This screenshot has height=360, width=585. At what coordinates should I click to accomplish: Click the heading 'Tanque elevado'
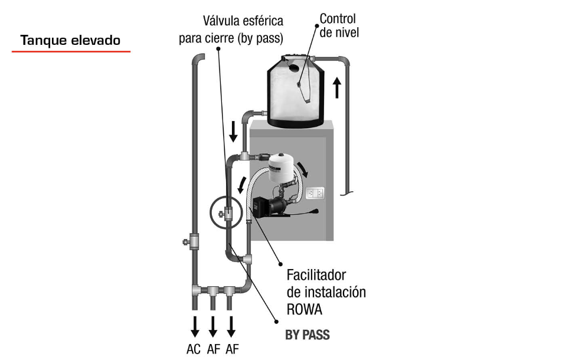click(x=70, y=41)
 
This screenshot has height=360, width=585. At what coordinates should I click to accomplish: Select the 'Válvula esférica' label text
click(x=243, y=21)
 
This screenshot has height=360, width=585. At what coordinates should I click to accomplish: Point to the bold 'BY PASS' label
click(x=307, y=335)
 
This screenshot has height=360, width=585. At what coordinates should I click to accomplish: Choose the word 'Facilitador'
click(x=316, y=275)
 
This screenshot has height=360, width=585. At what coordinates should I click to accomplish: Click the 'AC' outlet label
click(x=194, y=349)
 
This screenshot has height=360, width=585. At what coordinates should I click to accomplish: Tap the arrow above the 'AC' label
click(x=195, y=325)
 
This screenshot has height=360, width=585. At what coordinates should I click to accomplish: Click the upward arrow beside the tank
click(x=337, y=87)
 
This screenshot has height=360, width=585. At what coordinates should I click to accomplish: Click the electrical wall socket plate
click(x=315, y=193)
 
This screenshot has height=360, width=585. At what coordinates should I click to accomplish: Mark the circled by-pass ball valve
click(x=226, y=212)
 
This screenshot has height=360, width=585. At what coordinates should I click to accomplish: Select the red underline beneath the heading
click(x=71, y=51)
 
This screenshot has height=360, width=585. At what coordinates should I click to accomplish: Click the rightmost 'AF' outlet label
click(x=232, y=349)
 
